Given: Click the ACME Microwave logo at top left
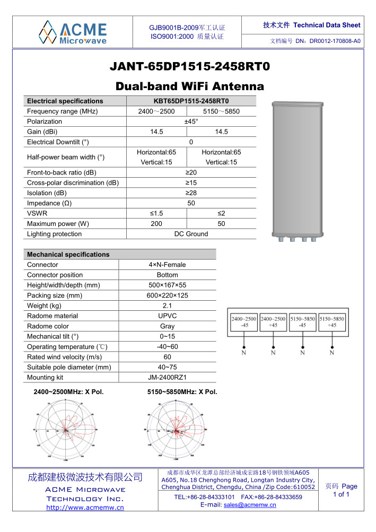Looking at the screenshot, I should [73, 32].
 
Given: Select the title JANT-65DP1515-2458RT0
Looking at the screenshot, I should [190, 67].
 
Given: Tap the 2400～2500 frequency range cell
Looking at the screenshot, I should [156, 111].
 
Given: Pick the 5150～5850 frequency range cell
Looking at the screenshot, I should [221, 111].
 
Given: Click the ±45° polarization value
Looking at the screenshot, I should [191, 121].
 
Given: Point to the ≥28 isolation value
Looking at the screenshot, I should [191, 193].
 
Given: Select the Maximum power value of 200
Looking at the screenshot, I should [156, 224].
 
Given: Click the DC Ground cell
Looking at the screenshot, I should [191, 234].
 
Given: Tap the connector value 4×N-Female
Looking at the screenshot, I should [167, 265].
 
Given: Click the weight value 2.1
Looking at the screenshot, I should [167, 306].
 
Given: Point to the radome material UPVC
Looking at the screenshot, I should [167, 316].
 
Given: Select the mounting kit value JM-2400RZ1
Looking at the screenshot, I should [167, 378].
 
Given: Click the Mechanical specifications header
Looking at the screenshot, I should [68, 255].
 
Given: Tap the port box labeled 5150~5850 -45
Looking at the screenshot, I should [302, 322].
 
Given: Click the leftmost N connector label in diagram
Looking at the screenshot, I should [244, 352].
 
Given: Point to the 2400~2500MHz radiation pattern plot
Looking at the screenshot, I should [67, 430].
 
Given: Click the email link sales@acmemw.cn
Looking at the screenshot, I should [250, 505].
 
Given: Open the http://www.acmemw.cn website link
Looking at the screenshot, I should [85, 508].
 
